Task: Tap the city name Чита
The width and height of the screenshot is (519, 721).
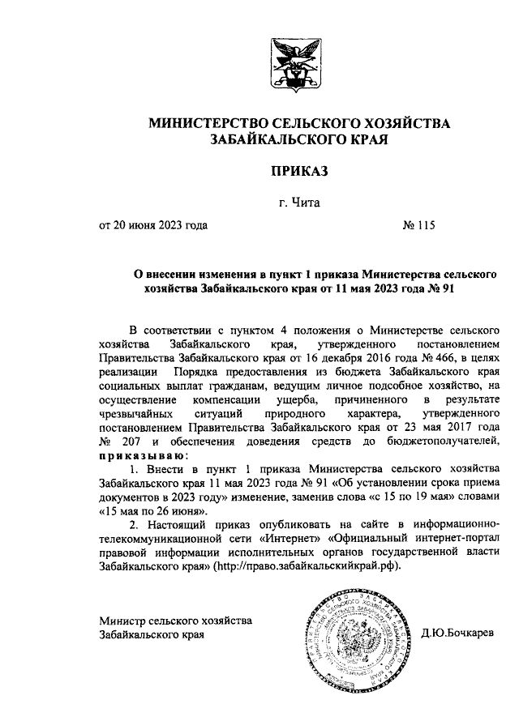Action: pyautogui.click(x=305, y=203)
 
